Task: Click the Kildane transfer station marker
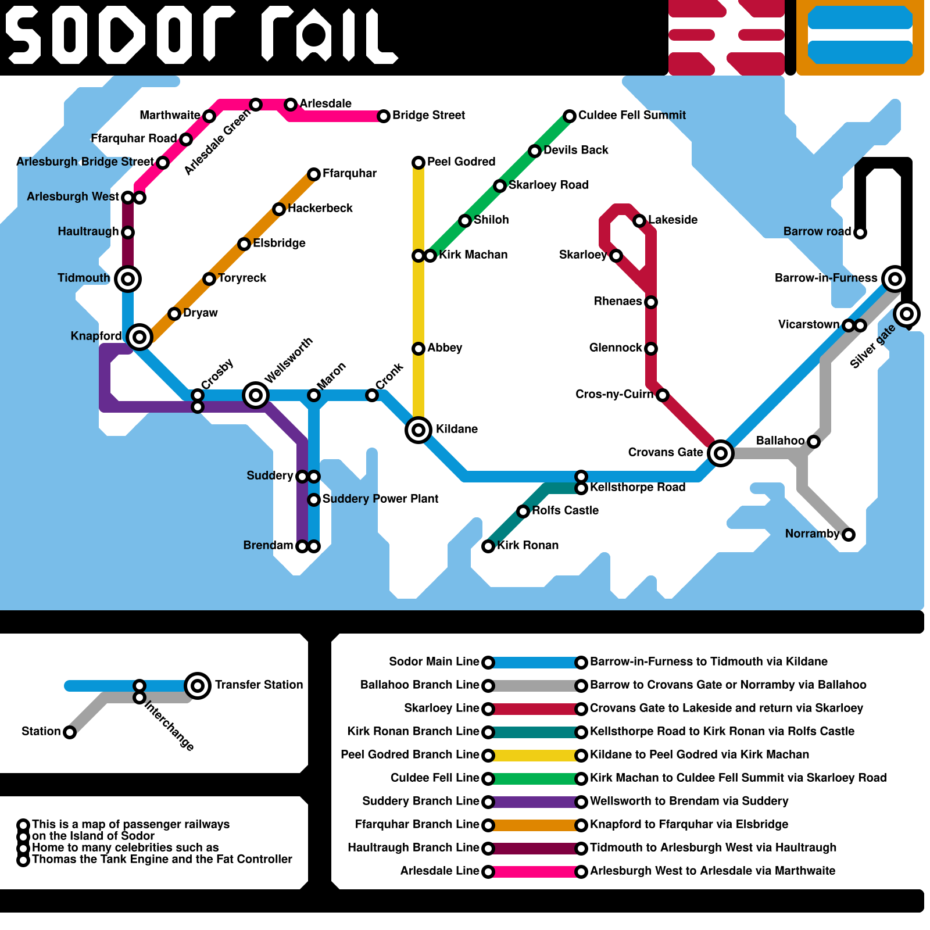419,430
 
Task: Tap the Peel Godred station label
461,162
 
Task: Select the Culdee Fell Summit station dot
570,116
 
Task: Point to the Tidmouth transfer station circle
128,279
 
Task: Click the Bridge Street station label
428,115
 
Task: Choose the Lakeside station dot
639,221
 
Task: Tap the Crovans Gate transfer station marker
721,453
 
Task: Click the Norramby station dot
849,535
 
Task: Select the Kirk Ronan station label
528,545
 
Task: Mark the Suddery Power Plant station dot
314,500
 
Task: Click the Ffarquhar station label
349,173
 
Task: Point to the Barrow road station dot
860,233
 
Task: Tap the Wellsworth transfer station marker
256,395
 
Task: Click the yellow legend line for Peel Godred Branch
535,756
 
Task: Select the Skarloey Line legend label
441,708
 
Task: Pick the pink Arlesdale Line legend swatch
535,872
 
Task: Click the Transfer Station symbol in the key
198,686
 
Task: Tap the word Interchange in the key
169,725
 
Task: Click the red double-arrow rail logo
727,37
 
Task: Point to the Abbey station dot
419,349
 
